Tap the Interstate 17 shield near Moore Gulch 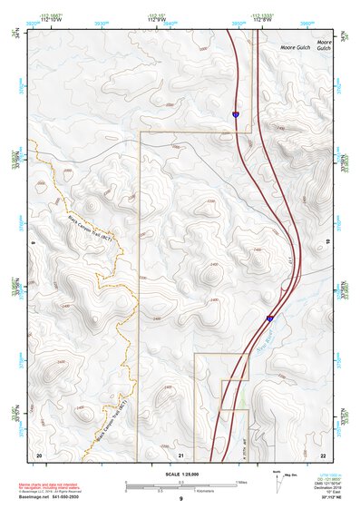click(235, 115)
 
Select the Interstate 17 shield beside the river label click(269, 318)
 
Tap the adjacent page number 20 click(38, 454)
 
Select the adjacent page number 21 click(181, 454)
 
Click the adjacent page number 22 click(324, 454)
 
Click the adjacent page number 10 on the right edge click(327, 242)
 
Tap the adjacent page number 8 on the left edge click(33, 242)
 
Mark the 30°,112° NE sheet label click(320, 500)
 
